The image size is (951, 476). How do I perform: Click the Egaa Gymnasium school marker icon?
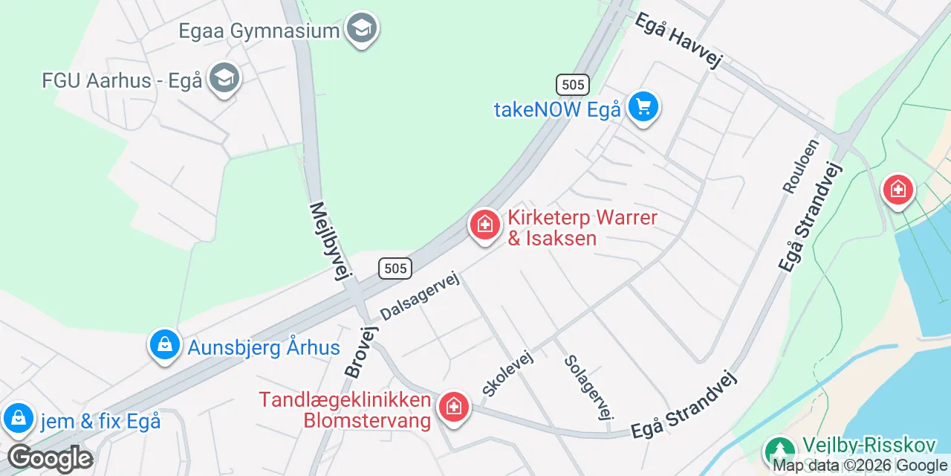pos(362,28)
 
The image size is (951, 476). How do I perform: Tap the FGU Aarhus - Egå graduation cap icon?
pos(224,78)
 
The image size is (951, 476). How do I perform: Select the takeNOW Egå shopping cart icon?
pos(643,107)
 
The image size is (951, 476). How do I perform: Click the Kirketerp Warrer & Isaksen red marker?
pos(484,224)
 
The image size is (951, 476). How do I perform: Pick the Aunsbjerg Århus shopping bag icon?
pos(164,344)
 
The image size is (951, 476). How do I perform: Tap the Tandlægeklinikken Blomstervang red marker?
pos(452,407)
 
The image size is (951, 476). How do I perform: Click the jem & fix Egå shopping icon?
pos(17,418)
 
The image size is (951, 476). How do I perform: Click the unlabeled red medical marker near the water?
pos(898,190)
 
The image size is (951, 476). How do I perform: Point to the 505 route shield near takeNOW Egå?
pos(573,85)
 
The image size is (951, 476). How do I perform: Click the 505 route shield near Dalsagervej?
pos(395,268)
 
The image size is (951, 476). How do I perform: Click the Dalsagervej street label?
pos(420,295)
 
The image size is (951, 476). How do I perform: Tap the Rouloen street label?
pos(801,166)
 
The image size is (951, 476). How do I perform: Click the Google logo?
pos(50,459)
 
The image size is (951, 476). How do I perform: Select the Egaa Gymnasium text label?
pos(259,31)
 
